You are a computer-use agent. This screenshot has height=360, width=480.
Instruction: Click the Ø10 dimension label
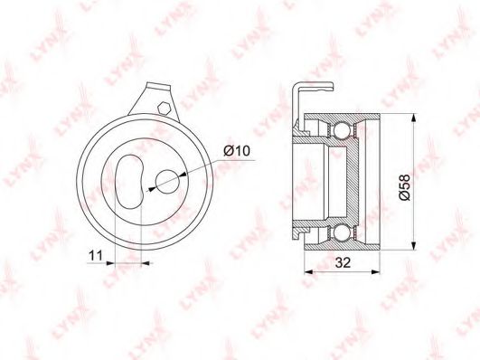(237, 151)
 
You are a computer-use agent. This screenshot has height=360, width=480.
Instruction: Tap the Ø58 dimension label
(404, 187)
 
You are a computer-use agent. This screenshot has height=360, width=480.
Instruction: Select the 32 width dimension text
(343, 262)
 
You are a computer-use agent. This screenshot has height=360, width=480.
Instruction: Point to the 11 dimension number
(95, 255)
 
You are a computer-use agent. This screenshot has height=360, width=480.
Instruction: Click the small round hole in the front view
(167, 182)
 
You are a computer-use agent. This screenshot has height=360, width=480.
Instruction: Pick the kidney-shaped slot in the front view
(129, 182)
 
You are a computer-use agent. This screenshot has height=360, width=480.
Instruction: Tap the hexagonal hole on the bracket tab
(164, 108)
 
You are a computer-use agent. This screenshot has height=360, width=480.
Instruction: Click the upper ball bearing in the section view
(341, 130)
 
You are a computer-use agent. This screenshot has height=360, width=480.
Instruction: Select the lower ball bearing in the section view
(341, 232)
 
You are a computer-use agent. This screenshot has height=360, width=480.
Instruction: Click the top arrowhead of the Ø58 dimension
(414, 118)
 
